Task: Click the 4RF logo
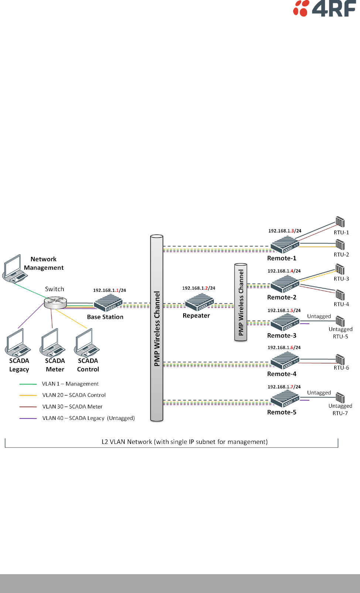[x=324, y=8]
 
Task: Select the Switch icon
[x=55, y=303]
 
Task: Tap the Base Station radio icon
[x=108, y=303]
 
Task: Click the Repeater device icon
[x=199, y=302]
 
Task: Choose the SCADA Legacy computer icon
[x=17, y=343]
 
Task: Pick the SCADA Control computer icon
[x=87, y=343]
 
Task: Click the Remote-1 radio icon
[x=285, y=245]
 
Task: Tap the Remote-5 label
[x=282, y=412]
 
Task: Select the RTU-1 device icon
[x=340, y=222]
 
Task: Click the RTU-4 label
[x=341, y=304]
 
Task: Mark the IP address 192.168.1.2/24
[x=199, y=288]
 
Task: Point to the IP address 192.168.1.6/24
[x=284, y=347]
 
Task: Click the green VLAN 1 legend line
[x=28, y=384]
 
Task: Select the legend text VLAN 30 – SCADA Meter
[x=72, y=406]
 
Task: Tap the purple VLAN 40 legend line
[x=28, y=418]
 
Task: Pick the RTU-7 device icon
[x=340, y=398]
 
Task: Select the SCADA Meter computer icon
[x=52, y=343]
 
